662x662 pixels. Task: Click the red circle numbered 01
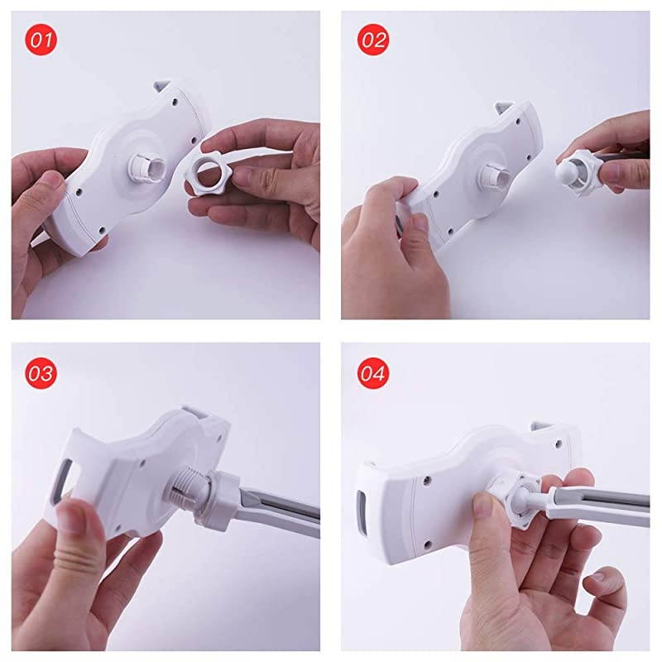click(41, 40)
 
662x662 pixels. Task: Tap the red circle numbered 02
click(373, 40)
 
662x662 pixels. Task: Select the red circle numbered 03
click(41, 373)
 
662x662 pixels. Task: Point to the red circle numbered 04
click(373, 373)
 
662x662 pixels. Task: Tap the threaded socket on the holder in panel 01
click(144, 170)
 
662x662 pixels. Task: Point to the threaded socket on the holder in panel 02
click(496, 176)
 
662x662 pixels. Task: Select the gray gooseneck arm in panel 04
click(599, 505)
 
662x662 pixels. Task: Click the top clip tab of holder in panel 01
click(162, 84)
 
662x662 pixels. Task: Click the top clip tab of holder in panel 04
click(542, 427)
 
